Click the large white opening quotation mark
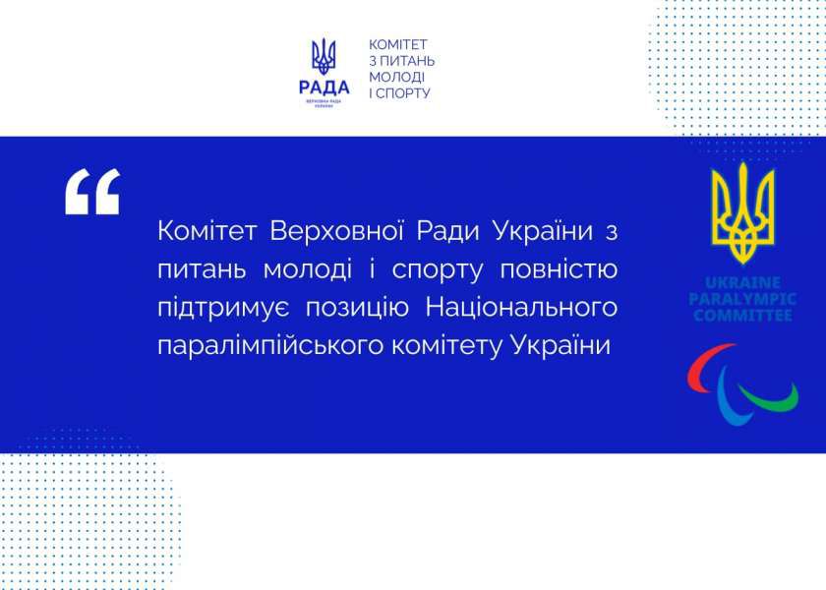click(x=91, y=191)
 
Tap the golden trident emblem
click(x=742, y=210)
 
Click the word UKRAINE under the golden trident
click(x=742, y=281)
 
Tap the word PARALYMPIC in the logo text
click(x=742, y=299)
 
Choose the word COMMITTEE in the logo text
click(x=742, y=316)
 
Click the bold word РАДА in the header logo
click(x=324, y=85)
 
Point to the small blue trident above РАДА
click(x=324, y=56)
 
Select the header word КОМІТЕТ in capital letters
click(x=399, y=45)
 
